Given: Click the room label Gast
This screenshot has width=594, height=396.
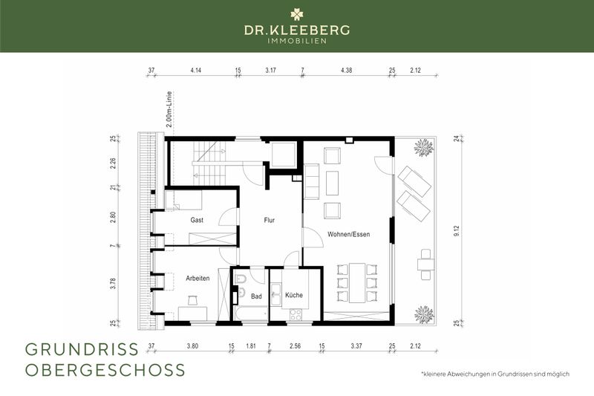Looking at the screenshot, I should click(197, 221).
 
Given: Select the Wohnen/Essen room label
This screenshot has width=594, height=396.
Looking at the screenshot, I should click(348, 234).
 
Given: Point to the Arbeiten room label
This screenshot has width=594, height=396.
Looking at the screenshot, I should click(198, 278).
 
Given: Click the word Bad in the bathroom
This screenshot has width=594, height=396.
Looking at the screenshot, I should click(256, 296).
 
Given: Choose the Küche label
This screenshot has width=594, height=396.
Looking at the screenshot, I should click(293, 296).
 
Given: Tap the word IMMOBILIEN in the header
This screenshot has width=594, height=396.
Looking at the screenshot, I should click(296, 41).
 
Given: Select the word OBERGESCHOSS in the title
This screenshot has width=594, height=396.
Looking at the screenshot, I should click(105, 370).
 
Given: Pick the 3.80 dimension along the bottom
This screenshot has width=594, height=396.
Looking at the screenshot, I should click(192, 345).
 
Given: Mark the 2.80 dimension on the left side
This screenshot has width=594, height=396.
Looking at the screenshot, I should click(113, 217).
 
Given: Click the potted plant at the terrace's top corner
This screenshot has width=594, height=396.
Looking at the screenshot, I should click(424, 147).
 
